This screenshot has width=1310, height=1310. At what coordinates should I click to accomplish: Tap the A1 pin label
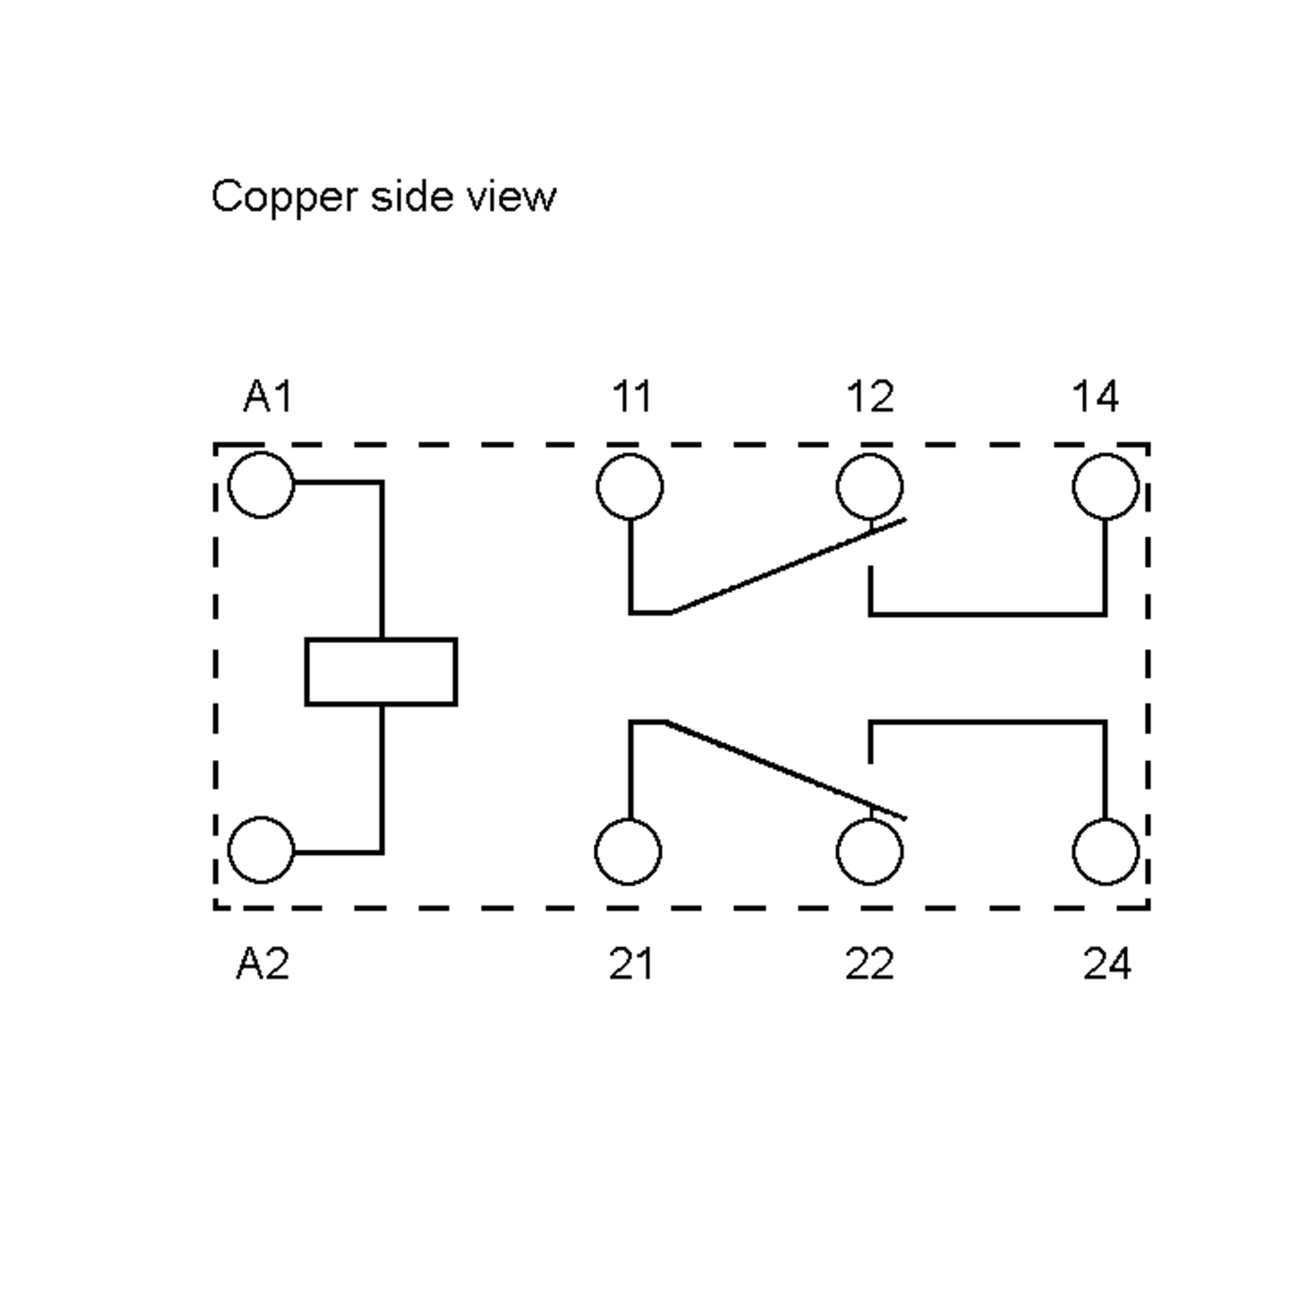[x=268, y=397]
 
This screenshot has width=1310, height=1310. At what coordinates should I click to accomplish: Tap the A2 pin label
[x=263, y=963]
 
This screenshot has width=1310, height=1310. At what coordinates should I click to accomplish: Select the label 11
[x=632, y=397]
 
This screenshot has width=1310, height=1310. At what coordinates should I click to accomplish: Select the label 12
[x=870, y=397]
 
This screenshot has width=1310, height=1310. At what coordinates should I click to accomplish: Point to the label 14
[x=1095, y=397]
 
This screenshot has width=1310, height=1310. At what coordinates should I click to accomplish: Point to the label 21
[x=630, y=963]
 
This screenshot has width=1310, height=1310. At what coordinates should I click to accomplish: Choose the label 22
[x=870, y=963]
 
